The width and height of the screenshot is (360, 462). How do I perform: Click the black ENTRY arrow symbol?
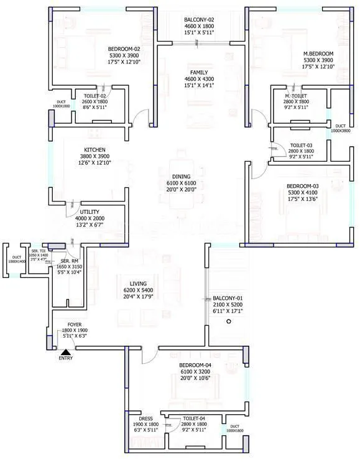65,352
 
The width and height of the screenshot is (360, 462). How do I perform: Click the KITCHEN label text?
95,150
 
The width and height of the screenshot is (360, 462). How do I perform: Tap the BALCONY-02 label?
199,20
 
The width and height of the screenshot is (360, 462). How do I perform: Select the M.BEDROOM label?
318,53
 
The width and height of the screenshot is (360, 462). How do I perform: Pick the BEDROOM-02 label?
123,49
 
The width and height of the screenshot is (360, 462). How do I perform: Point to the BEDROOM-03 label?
302,186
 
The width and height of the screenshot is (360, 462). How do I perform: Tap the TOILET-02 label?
95,96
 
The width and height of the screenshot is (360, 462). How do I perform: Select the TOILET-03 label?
301,145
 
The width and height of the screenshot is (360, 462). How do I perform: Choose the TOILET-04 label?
195,420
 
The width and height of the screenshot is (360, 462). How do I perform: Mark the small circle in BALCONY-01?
229,321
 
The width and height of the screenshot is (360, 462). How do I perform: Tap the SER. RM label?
69,260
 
